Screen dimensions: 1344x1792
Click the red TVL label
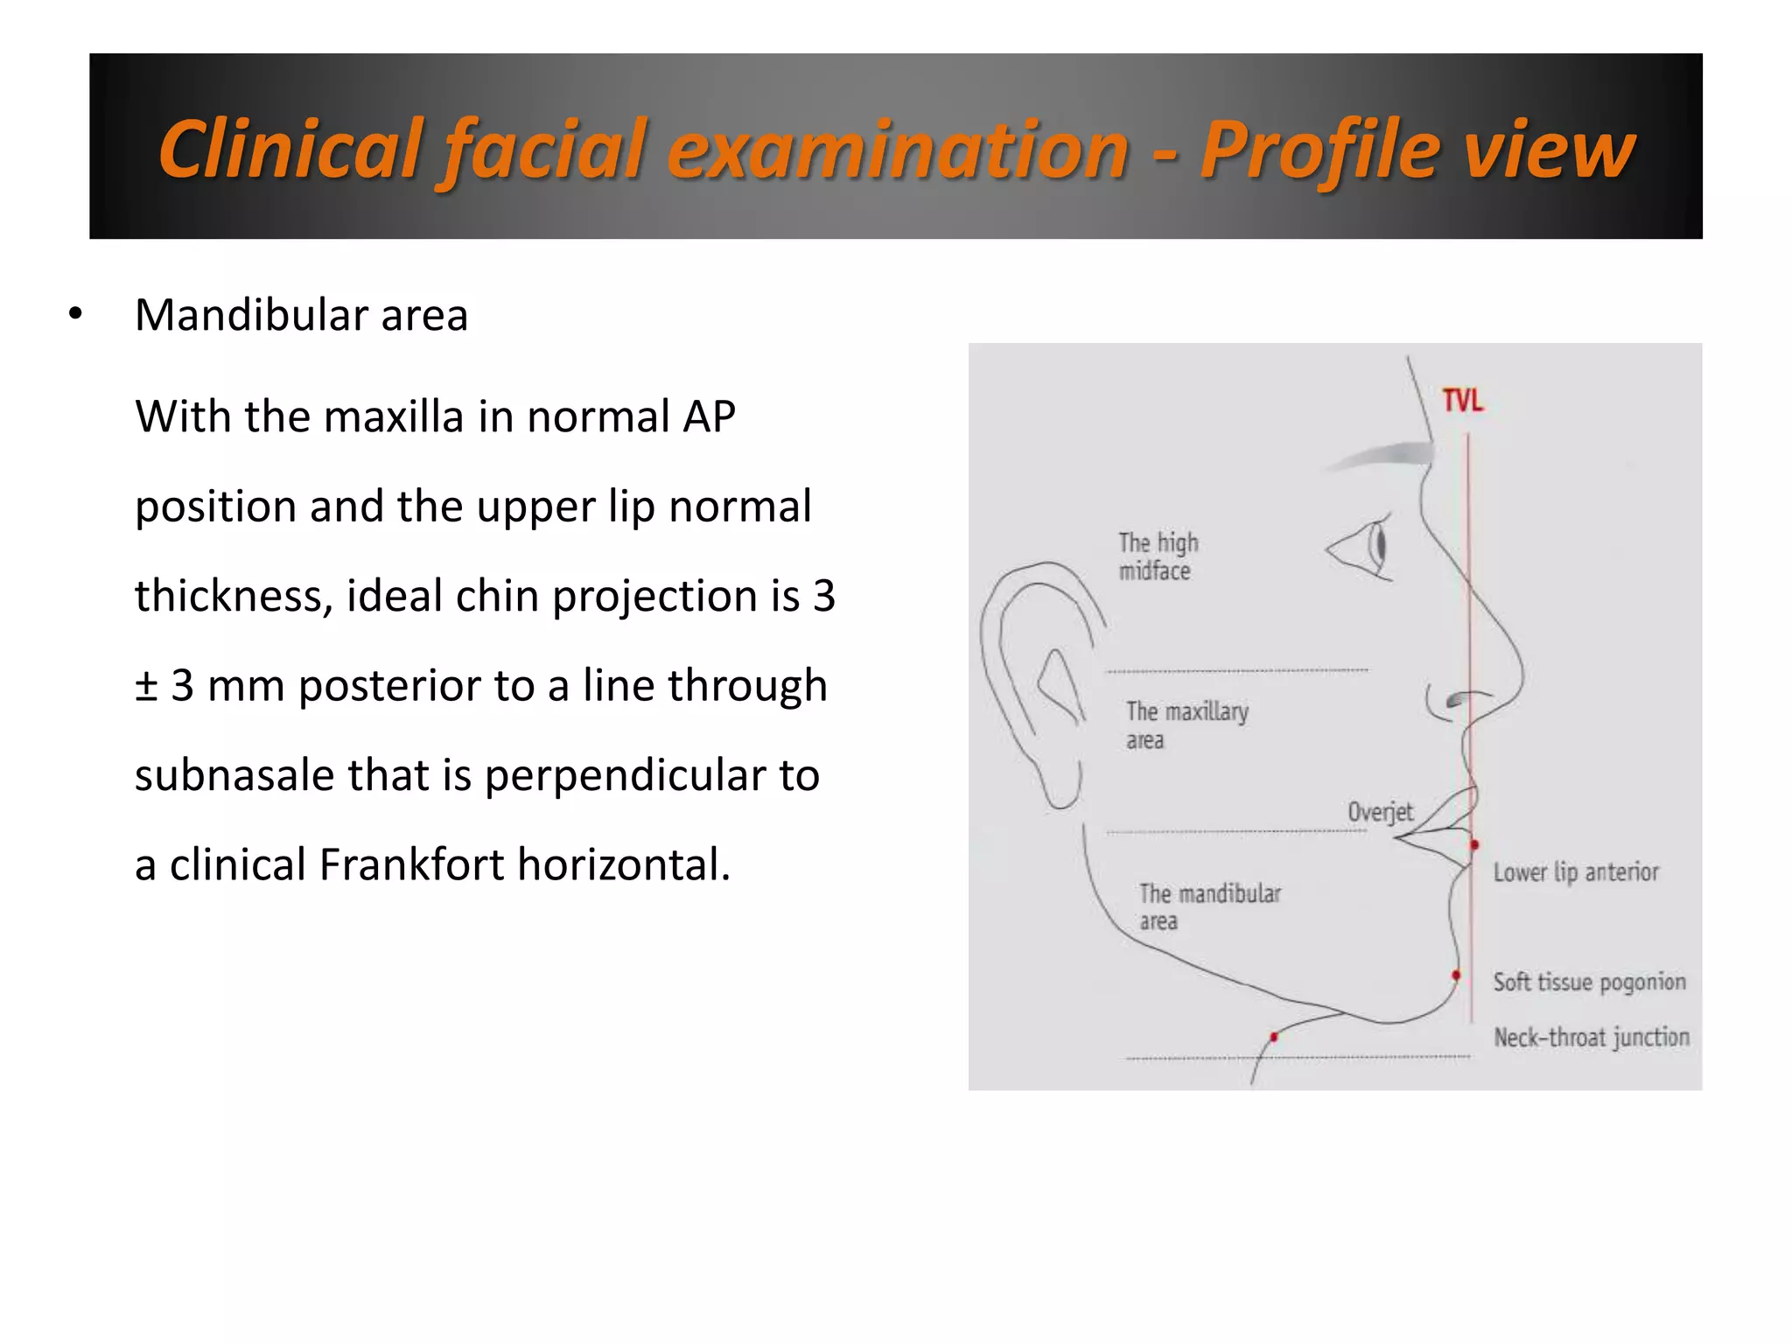click(1462, 402)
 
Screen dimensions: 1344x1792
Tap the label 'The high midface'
click(1158, 556)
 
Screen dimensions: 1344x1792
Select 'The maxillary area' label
click(1186, 725)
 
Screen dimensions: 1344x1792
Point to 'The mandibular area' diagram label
click(1208, 906)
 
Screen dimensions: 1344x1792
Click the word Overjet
click(1380, 812)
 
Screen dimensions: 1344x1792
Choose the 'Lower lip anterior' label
click(1575, 872)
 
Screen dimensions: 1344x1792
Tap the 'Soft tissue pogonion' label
click(1589, 982)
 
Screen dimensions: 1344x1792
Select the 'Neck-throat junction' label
click(1591, 1038)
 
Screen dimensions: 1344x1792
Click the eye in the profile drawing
click(1365, 549)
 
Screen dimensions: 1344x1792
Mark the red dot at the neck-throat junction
click(1274, 1037)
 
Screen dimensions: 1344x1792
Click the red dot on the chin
click(1456, 975)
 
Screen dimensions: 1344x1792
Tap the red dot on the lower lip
click(1474, 845)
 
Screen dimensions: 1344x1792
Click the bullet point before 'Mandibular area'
click(75, 314)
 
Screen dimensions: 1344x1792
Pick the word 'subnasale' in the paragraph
click(228, 775)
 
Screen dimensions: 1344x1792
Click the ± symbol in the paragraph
click(146, 685)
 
